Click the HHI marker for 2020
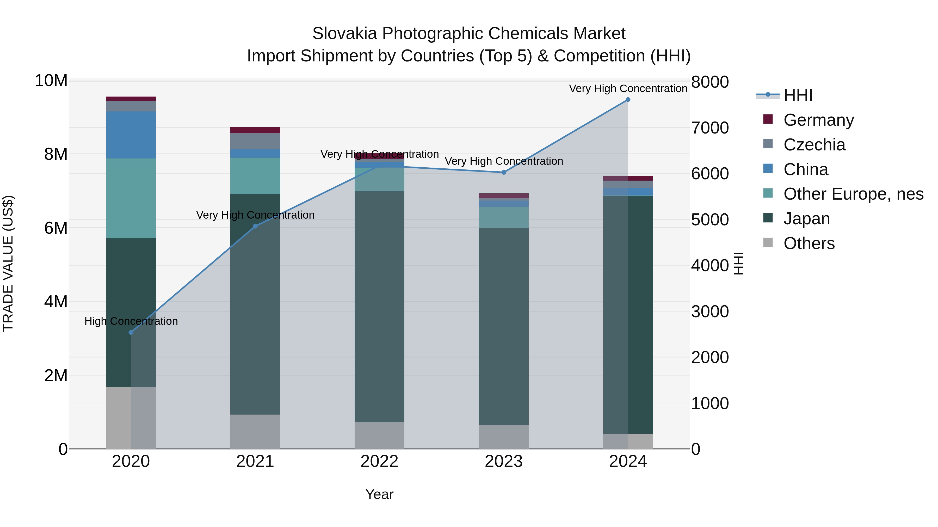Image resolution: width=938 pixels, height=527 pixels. coord(131,332)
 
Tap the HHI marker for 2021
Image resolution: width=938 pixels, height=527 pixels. coord(255,226)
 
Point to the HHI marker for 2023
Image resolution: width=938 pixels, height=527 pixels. coord(504,172)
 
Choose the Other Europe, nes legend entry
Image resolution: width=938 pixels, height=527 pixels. coord(853,194)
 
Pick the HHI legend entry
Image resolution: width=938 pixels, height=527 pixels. coord(798,95)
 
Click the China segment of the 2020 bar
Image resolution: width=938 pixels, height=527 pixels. coord(131,135)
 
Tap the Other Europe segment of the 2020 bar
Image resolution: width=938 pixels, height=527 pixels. coord(131,198)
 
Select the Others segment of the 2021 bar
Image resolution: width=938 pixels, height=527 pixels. coord(255,432)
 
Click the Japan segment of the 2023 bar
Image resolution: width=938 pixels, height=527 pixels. coord(504,326)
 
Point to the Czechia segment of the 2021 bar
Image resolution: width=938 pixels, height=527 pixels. coord(255,141)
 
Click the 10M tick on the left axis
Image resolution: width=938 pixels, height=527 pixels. coord(51,81)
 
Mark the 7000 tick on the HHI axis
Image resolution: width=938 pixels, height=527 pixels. coord(710,128)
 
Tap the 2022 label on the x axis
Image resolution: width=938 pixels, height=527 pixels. coord(379,461)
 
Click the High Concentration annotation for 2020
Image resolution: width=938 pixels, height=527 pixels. coord(131,321)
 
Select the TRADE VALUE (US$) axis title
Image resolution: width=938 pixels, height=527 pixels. coord(8,263)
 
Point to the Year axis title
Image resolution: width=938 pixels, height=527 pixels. coord(379,494)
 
